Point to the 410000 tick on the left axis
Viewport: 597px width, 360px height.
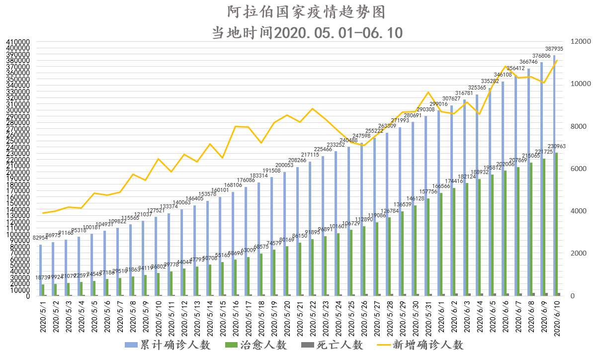click(x=18, y=42)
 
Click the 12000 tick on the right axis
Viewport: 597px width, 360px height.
click(x=576, y=42)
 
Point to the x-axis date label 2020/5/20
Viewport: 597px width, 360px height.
click(x=287, y=316)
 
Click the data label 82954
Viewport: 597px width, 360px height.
click(x=41, y=238)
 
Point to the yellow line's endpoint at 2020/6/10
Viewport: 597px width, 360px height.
click(x=557, y=61)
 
